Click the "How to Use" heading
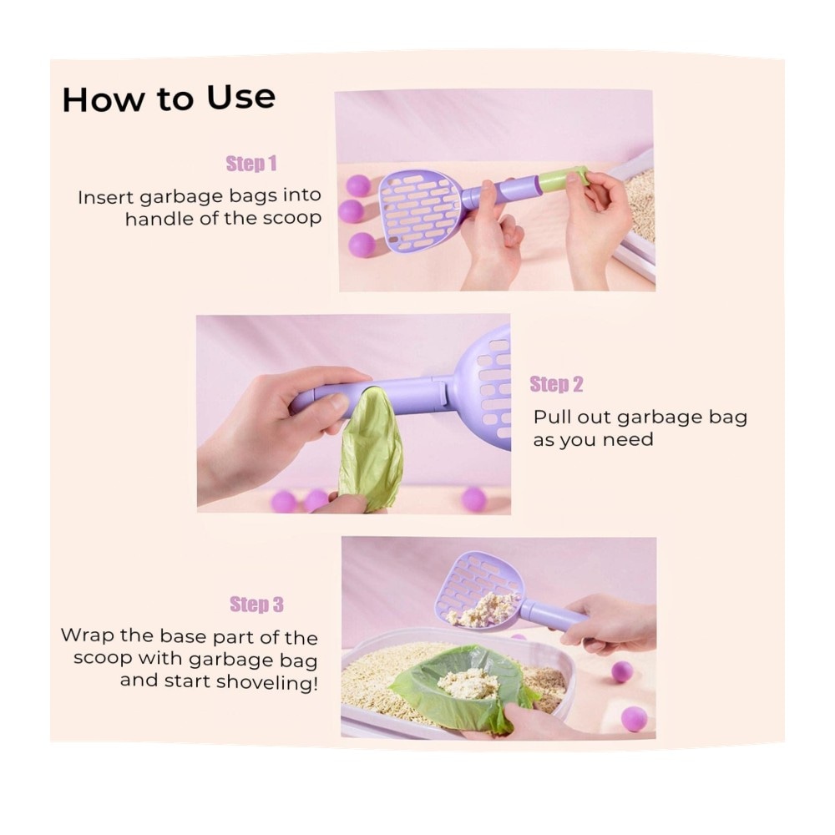169,99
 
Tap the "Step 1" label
251,164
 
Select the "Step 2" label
556,384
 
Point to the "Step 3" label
256,605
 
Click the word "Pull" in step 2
551,417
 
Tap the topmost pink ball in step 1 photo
358,186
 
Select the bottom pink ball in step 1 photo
362,245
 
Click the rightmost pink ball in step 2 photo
473,499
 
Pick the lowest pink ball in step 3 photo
635,719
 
